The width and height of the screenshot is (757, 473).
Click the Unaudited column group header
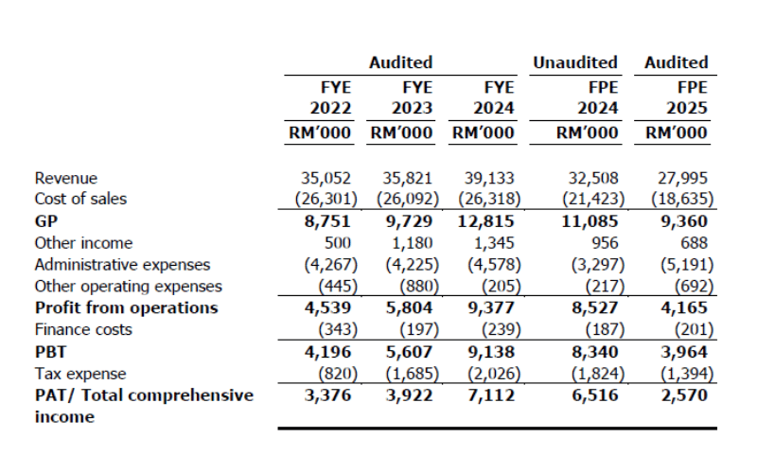(x=575, y=62)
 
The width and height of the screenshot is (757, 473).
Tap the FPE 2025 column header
(x=687, y=97)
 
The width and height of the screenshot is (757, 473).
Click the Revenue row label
(x=65, y=178)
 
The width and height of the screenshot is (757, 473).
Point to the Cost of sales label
(x=80, y=199)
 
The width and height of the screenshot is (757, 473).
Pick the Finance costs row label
(x=83, y=329)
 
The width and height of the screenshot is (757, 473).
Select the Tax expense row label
(x=80, y=374)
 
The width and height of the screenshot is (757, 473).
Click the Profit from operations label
(x=127, y=307)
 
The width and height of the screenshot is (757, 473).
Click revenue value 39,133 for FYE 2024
(x=489, y=178)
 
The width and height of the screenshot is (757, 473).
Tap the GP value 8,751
(x=327, y=221)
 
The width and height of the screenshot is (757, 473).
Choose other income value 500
(x=338, y=243)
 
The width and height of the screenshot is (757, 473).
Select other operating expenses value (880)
(x=419, y=287)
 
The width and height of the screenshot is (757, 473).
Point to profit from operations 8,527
(x=595, y=307)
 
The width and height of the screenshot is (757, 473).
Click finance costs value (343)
(x=338, y=329)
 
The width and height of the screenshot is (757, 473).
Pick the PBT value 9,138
(x=491, y=352)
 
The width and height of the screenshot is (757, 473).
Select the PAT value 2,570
(x=684, y=395)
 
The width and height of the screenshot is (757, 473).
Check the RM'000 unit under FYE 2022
(x=320, y=132)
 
